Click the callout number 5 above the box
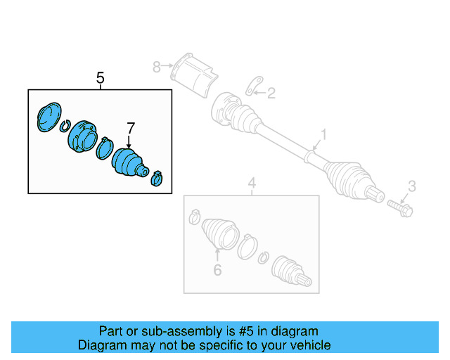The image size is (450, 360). pos(100,78)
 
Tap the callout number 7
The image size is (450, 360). pos(130,128)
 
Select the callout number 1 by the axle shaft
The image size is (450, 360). pos(324,134)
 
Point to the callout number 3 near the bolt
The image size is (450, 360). pos(412,186)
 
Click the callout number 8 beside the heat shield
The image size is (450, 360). pos(156,67)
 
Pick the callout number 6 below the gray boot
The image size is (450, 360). pos(217,270)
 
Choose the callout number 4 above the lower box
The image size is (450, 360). pos(251,185)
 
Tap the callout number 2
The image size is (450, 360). pos(271,92)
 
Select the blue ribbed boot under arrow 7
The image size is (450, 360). pos(129,164)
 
